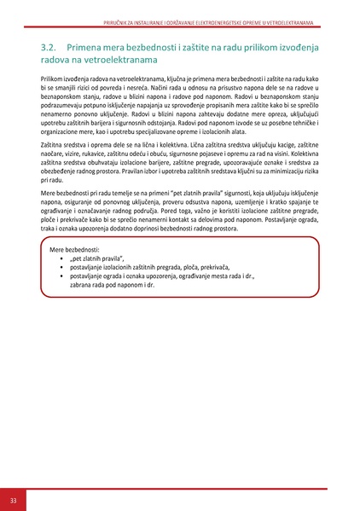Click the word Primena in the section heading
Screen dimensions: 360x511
click(x=88, y=48)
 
